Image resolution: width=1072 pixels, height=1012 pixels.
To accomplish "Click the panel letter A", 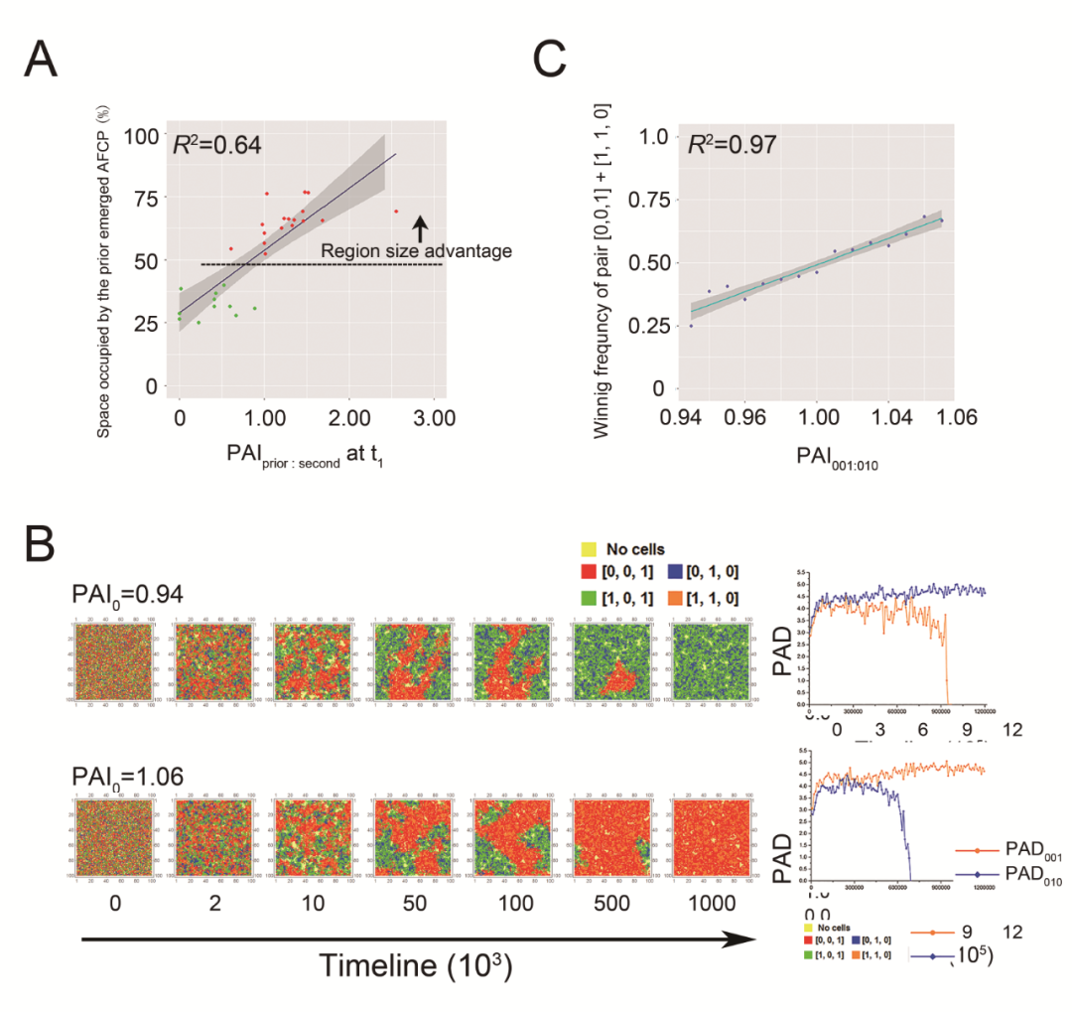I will pyautogui.click(x=41, y=61).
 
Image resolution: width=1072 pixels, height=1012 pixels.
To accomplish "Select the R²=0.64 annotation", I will pyautogui.click(x=216, y=145).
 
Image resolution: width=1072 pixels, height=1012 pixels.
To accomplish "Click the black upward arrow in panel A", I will pyautogui.click(x=420, y=228).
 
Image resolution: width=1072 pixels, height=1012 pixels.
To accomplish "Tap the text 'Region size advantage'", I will pyautogui.click(x=417, y=251).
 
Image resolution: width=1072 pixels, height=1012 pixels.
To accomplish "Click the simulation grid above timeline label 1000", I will pyautogui.click(x=709, y=836).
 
